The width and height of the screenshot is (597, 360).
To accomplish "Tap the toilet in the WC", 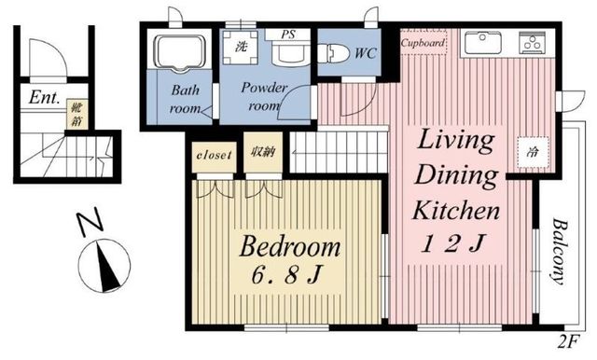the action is click(x=333, y=53).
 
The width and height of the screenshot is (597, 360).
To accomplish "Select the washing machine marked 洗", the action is click(x=240, y=48).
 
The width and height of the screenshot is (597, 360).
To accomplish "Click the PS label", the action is click(x=288, y=35).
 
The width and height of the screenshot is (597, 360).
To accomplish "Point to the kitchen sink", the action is click(x=482, y=43).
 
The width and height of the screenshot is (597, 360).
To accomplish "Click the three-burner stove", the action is click(x=533, y=43).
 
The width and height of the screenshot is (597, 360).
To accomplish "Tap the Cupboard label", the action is click(x=423, y=43).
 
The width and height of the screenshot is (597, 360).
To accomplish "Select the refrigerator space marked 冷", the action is click(x=533, y=152).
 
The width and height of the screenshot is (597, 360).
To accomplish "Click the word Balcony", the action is click(x=558, y=251).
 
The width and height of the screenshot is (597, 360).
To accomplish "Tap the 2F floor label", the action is click(x=568, y=341).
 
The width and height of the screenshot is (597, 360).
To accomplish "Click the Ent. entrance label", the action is click(x=45, y=97).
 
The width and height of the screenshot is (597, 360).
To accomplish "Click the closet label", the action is click(x=214, y=155).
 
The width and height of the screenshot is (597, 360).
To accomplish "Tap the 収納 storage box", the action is click(x=263, y=152).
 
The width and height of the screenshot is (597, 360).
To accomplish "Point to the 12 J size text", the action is click(x=453, y=243).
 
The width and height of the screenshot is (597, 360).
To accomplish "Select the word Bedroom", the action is click(x=290, y=246).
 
